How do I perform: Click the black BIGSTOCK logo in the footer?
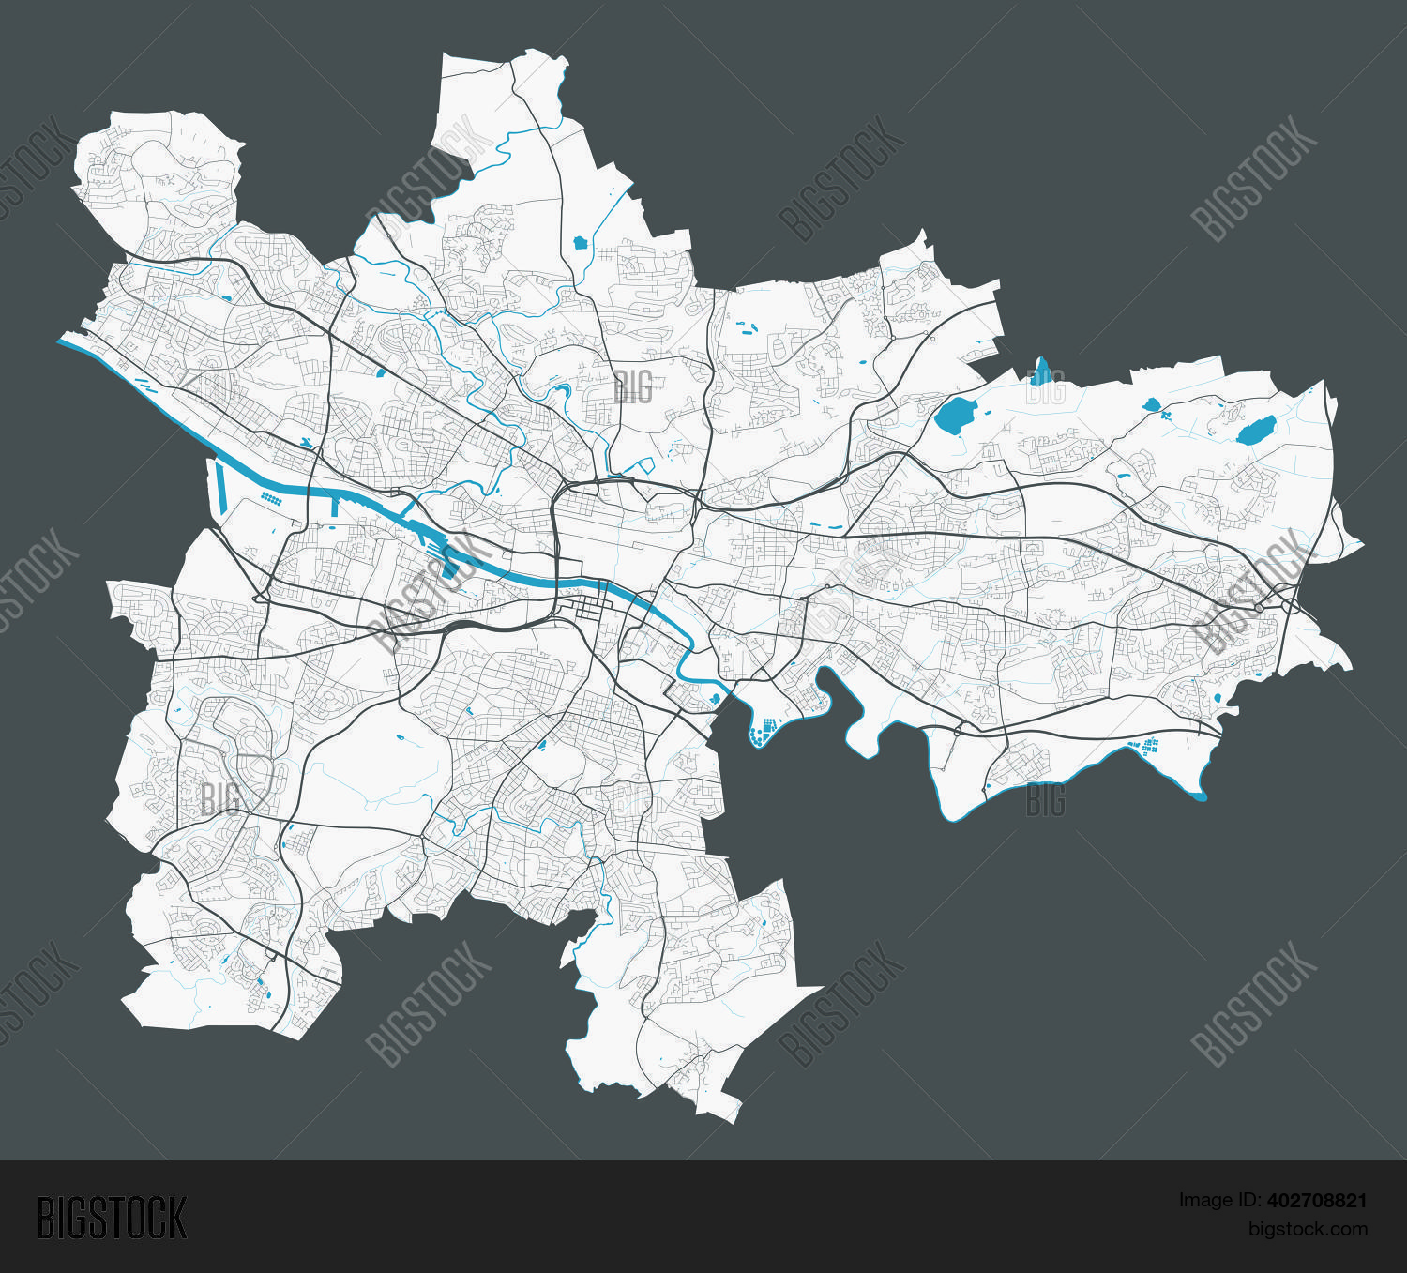point(112,1218)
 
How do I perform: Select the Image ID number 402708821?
point(1317,1200)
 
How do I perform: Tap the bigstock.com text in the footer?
point(1308,1229)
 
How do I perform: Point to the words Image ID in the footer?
point(1220,1200)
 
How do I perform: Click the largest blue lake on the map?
point(956,415)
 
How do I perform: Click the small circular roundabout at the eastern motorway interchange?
point(1258,608)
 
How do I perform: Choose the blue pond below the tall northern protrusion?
point(580,242)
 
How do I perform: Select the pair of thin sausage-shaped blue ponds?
point(747,327)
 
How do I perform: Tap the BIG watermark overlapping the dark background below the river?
point(1045,800)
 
